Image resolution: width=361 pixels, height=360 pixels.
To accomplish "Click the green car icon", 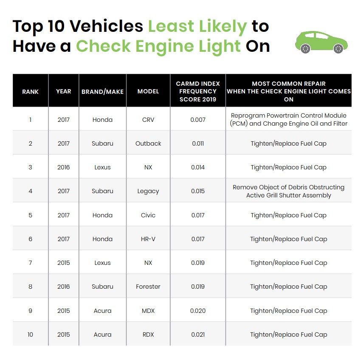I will [x=322, y=42].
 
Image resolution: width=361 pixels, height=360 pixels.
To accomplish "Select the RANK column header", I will [x=30, y=91].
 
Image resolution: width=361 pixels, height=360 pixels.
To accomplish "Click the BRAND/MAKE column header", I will [x=102, y=91].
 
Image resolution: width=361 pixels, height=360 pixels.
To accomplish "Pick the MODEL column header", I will [x=148, y=91].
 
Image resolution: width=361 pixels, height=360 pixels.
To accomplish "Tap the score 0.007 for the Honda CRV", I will [x=198, y=120].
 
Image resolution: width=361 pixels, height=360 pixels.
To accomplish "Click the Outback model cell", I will [x=148, y=143].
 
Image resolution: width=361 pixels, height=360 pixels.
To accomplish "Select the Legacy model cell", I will [x=148, y=191].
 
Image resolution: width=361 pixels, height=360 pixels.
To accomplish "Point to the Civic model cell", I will [x=148, y=215].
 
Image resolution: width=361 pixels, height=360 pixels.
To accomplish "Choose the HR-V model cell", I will [x=148, y=239].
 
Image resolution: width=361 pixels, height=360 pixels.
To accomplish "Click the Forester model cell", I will [x=148, y=287].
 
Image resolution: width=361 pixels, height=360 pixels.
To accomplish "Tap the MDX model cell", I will [x=148, y=311].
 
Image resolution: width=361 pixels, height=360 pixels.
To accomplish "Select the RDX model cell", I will [x=148, y=335].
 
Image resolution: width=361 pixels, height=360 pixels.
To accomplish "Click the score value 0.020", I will [x=198, y=311].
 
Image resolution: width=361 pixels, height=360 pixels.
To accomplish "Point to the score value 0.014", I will [x=198, y=167].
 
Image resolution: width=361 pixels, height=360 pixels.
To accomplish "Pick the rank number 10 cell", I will [x=30, y=335].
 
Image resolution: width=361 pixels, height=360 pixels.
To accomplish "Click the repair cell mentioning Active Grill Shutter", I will [x=288, y=191].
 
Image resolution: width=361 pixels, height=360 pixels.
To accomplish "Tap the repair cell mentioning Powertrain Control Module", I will [x=288, y=120].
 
